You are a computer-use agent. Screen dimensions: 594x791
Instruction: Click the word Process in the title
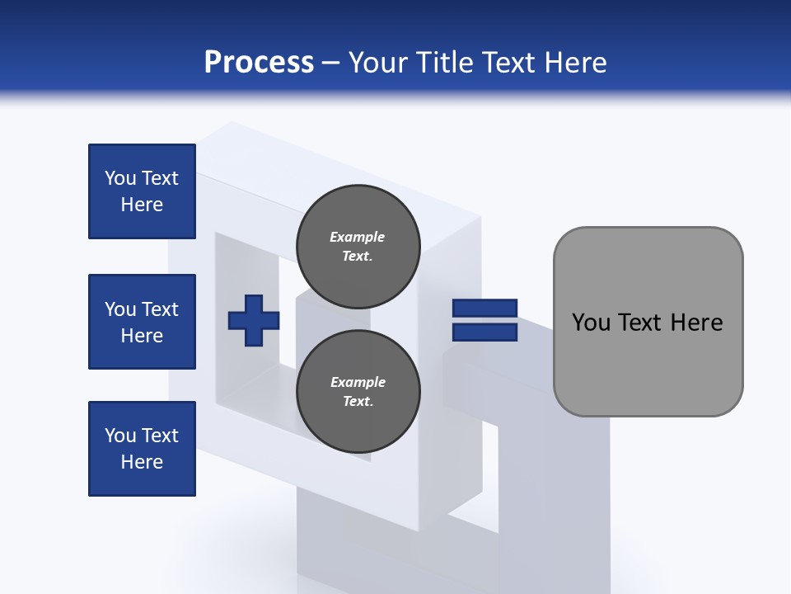(259, 63)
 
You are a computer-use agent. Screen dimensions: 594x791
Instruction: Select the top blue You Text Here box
(142, 191)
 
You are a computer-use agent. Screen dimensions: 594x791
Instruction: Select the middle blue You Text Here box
(142, 322)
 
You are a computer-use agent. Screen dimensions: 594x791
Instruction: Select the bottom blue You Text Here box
(142, 449)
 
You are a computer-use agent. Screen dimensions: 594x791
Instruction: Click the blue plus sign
(254, 321)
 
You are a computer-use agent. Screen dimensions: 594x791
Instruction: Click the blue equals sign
(484, 320)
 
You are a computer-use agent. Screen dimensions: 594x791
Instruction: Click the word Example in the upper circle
(358, 237)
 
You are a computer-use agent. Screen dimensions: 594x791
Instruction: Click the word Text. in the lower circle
(358, 402)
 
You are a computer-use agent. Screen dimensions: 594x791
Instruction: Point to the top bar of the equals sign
(484, 309)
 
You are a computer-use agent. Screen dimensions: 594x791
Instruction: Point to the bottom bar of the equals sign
(484, 332)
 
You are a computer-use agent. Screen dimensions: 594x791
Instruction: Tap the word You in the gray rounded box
(591, 323)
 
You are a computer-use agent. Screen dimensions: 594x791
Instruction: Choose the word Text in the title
(507, 63)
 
